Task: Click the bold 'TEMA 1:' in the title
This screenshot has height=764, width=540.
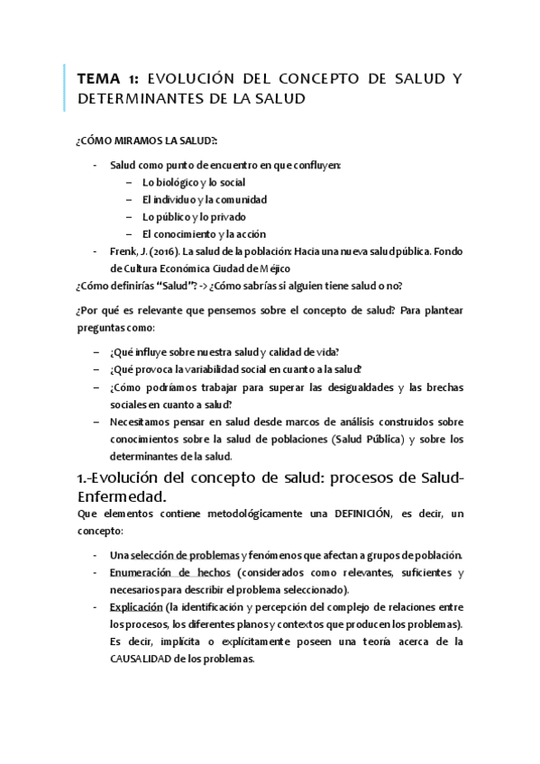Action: (x=106, y=78)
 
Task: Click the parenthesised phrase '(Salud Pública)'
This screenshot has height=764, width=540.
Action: (x=368, y=440)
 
